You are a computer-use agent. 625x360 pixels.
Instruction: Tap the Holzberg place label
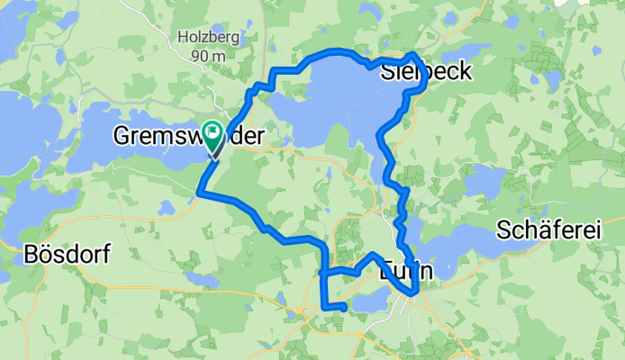205,39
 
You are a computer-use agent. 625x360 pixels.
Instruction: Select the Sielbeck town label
426,73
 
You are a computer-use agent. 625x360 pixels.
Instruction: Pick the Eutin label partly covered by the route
408,270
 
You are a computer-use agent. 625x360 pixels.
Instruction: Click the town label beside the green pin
189,137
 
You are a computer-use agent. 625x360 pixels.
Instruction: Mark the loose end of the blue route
345,308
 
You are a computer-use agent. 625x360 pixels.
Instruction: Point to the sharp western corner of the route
199,192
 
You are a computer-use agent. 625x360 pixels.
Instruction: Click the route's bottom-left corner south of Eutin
323,307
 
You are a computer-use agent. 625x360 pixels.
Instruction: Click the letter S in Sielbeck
388,73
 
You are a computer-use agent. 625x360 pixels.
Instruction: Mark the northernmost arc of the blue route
337,51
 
